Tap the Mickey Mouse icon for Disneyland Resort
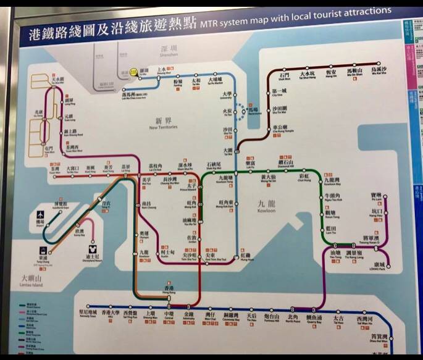point(91,249)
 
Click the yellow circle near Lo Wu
point(131,72)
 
